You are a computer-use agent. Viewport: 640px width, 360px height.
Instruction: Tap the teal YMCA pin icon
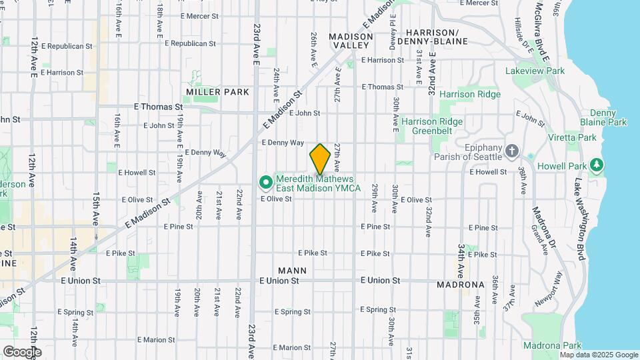point(265,181)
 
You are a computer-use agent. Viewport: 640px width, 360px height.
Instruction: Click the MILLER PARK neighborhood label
point(217,92)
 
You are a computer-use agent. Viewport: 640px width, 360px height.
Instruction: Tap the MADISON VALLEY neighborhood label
point(351,41)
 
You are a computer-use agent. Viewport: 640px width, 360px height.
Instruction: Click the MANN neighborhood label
point(292,271)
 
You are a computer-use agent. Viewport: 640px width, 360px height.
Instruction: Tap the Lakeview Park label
point(535,71)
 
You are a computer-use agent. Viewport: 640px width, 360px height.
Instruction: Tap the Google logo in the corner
point(21,352)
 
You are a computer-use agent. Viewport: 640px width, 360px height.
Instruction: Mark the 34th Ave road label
point(461,261)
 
